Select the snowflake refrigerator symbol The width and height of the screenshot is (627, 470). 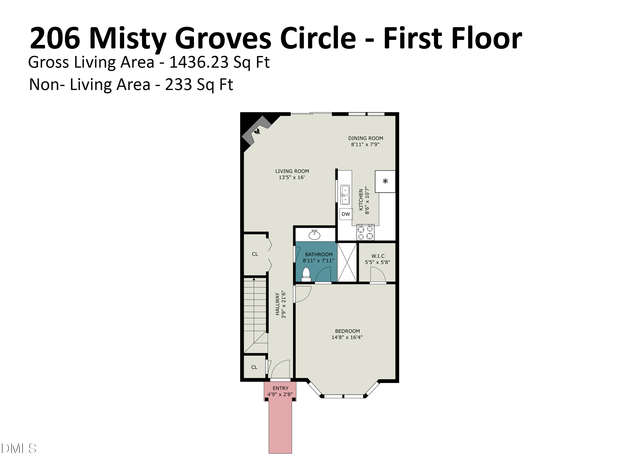385,181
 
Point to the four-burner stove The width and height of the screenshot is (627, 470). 365,232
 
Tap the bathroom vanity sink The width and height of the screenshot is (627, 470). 314,235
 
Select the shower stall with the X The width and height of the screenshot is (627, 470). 347,262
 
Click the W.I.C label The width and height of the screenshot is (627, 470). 378,256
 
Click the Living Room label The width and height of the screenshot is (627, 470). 292,171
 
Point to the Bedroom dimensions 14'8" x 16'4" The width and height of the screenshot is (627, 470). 347,337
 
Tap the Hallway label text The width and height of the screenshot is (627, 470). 278,304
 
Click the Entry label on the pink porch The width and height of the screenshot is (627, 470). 280,388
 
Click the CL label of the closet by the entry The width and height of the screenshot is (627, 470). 254,367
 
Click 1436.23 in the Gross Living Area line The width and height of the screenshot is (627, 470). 200,62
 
